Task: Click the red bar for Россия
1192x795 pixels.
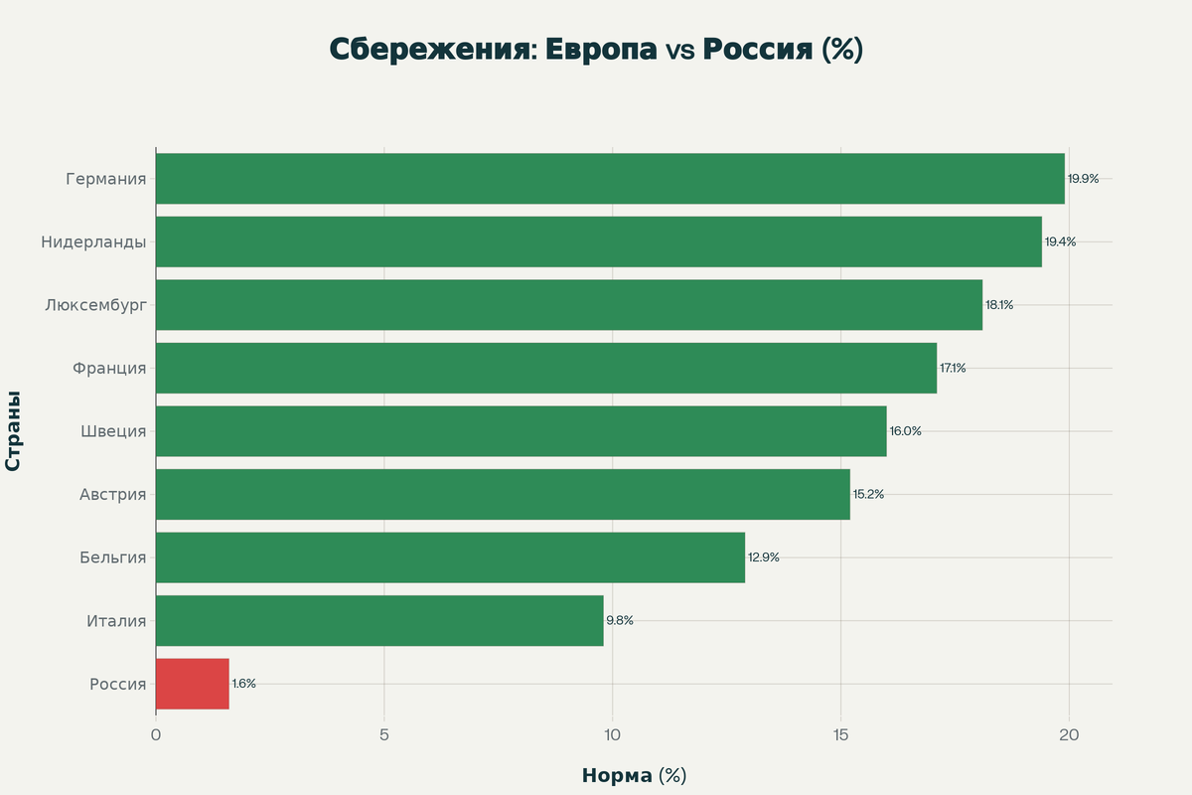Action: (x=193, y=684)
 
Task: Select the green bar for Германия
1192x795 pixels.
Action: (x=610, y=179)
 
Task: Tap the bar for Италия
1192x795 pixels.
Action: (x=379, y=621)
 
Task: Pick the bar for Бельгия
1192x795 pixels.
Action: (x=450, y=557)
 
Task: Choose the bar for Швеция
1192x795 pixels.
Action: (x=521, y=431)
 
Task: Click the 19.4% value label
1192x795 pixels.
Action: (x=1060, y=242)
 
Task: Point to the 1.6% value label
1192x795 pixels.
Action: (x=244, y=684)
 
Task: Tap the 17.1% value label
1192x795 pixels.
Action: (x=953, y=369)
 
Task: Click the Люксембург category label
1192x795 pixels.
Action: (x=95, y=305)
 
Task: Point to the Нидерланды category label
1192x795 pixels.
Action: (x=93, y=242)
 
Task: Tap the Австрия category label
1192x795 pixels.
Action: (x=112, y=495)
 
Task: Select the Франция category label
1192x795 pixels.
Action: (x=109, y=369)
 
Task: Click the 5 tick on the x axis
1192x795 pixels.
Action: (x=384, y=735)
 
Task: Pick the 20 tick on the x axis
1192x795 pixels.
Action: (x=1069, y=735)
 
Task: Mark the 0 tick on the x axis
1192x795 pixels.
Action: (x=156, y=735)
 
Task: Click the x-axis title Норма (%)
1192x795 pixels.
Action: (x=634, y=776)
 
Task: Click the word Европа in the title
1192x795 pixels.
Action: (x=602, y=50)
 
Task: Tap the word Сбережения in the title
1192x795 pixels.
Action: (x=429, y=50)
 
